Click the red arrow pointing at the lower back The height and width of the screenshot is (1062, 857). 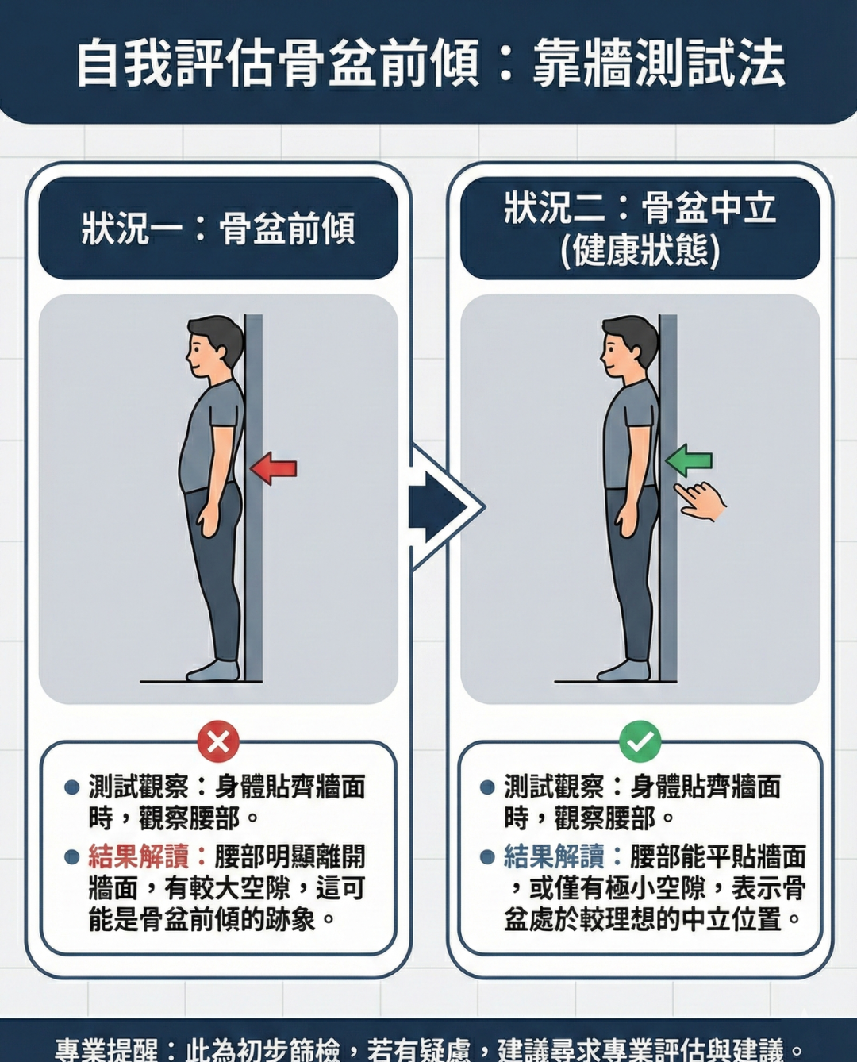pos(274,468)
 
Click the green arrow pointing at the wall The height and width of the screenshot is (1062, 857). pos(689,460)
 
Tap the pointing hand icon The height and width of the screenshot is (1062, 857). pos(701,501)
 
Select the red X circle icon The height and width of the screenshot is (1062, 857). pos(218,741)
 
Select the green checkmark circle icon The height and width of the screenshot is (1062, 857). pos(640,741)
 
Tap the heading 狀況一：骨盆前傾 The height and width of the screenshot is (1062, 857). pos(218,229)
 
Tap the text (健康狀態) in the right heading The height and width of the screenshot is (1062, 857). pos(640,251)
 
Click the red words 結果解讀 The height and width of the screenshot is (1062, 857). pos(139,856)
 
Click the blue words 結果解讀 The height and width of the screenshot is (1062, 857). pos(554,856)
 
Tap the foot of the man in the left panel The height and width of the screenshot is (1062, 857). pos(213,671)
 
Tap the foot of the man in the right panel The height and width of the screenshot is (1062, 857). pos(624,671)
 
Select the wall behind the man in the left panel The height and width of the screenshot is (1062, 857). pos(253,498)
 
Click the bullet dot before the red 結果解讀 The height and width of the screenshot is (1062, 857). pos(72,857)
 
